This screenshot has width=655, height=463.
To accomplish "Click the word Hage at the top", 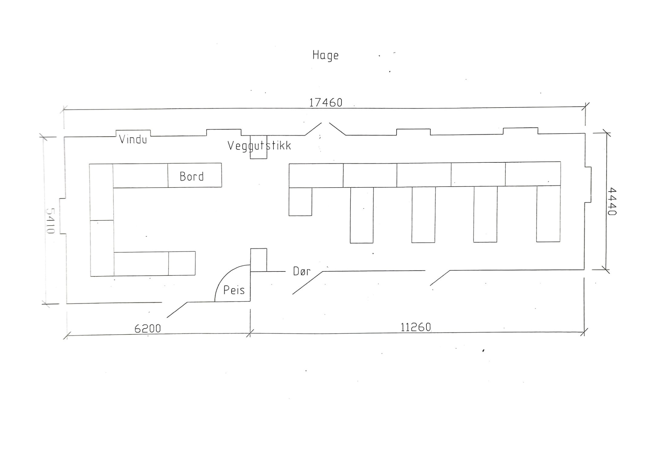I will click(325, 55).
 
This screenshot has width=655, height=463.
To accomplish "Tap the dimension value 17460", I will click(326, 103).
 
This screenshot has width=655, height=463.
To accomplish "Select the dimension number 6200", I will click(148, 328).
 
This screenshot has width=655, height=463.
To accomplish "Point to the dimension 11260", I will click(416, 327).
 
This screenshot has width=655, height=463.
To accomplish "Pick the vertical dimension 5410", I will click(50, 221).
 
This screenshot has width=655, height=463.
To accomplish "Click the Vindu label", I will click(133, 139).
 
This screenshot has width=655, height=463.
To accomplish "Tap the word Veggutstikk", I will click(259, 146).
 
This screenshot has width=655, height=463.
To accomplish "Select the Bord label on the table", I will click(192, 177).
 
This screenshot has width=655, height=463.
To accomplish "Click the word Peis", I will click(234, 290).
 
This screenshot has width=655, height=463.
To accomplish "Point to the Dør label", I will click(302, 271).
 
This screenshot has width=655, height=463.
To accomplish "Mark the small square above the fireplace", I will click(258, 260).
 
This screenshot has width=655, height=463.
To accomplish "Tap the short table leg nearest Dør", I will click(300, 201).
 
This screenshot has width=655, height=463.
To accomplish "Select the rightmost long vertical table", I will click(548, 214).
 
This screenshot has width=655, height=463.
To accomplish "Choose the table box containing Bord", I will click(195, 175).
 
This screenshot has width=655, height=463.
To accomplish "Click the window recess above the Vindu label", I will click(133, 133).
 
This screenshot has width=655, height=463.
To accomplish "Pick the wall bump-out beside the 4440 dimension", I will click(588, 185).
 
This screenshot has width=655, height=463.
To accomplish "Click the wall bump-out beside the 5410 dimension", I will click(63, 216).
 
